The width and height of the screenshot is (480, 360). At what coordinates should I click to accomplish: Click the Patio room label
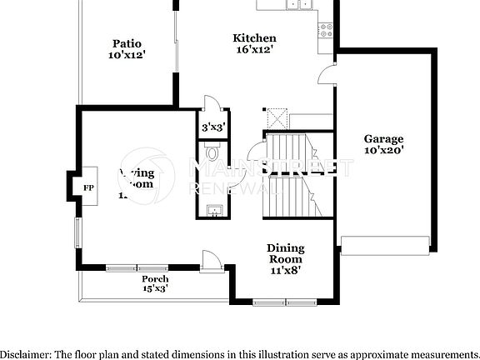pyautogui.click(x=127, y=43)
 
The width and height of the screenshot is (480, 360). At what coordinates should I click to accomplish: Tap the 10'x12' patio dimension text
pyautogui.click(x=127, y=55)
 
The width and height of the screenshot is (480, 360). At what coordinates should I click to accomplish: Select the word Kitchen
pyautogui.click(x=254, y=38)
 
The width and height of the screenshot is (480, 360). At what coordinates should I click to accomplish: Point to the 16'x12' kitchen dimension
pyautogui.click(x=254, y=50)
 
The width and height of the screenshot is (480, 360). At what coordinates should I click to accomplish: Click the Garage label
pyautogui.click(x=383, y=139)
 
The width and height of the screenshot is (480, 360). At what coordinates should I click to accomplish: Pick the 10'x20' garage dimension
pyautogui.click(x=383, y=151)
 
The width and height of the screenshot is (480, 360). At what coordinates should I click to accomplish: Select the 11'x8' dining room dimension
pyautogui.click(x=285, y=270)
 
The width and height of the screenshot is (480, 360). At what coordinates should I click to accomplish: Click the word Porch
pyautogui.click(x=155, y=278)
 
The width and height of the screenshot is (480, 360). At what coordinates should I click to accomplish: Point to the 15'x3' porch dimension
pyautogui.click(x=155, y=288)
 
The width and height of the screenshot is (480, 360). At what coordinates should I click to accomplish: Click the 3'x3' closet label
pyautogui.click(x=213, y=127)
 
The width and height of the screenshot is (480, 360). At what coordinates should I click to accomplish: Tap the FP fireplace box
pyautogui.click(x=87, y=188)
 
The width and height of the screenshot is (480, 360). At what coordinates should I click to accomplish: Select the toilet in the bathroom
pyautogui.click(x=212, y=152)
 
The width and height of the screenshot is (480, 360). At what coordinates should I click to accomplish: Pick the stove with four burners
pyautogui.click(x=326, y=30)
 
